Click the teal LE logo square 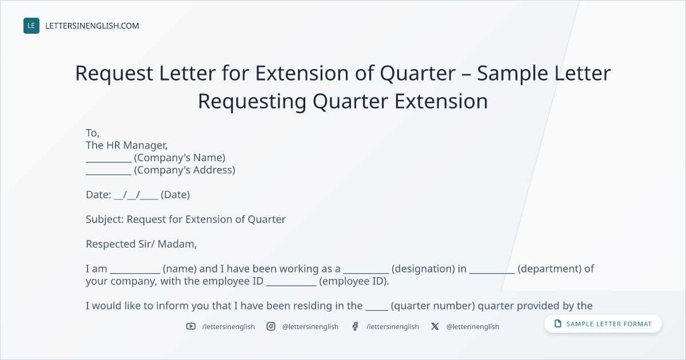pos(31,26)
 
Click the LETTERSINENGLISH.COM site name pos(92,26)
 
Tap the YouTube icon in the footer pos(191,326)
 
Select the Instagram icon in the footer pos(271,326)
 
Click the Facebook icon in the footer pos(355,326)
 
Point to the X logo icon pos(435,326)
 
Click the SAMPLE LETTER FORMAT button pos(603,323)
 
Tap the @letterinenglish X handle pos(473,327)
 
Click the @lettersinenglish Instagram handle pos(310,327)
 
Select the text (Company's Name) pos(180,158)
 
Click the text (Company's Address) pos(184,170)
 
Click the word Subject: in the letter pos(105,219)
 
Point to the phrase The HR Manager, pos(126,145)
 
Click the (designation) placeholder pos(423,269)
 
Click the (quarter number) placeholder pos(433,306)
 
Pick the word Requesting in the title pos(252,101)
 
